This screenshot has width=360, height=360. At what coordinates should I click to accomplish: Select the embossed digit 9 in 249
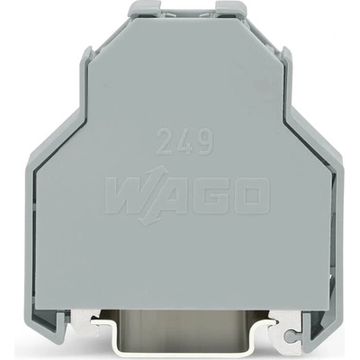tap(206, 142)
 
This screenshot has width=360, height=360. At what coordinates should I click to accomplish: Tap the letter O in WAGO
tap(251, 195)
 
